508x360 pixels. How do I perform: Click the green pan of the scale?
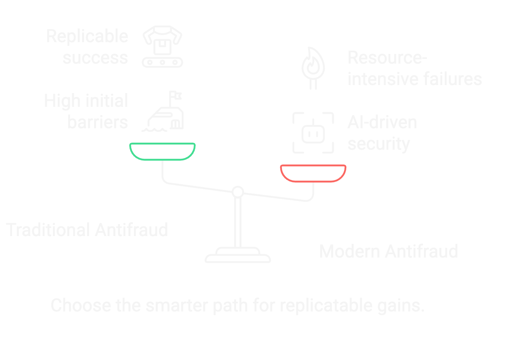[162, 151]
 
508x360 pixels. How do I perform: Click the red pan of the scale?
[313, 173]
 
